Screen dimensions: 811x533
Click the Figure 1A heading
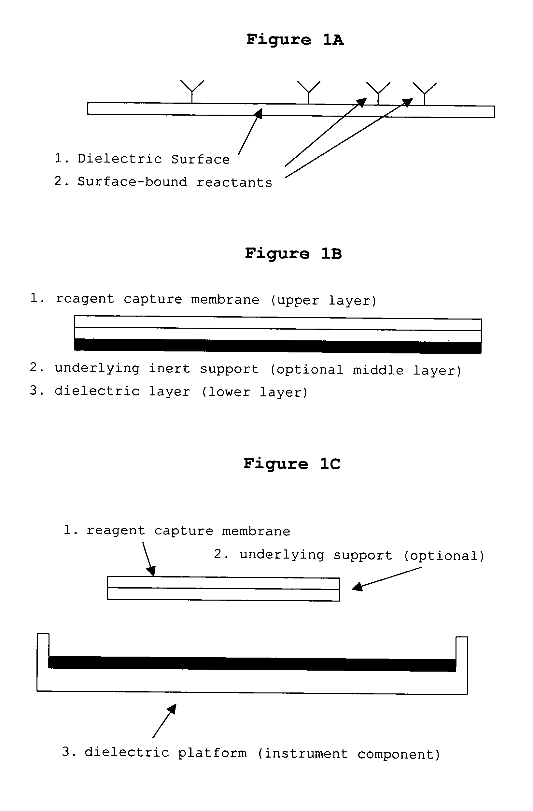click(x=295, y=39)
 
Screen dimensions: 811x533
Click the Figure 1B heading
click(x=293, y=253)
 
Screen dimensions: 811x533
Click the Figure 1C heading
click(x=291, y=464)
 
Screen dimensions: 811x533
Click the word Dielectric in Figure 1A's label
click(x=119, y=159)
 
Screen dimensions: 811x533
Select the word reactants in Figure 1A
click(x=234, y=183)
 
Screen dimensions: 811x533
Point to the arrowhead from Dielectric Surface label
click(x=259, y=113)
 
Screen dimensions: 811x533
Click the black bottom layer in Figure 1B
click(x=277, y=346)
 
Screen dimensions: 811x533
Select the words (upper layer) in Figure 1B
click(x=324, y=300)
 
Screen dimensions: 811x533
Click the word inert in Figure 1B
click(x=169, y=369)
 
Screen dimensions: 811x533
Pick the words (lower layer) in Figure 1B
click(x=255, y=392)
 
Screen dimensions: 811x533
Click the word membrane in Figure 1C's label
click(x=256, y=531)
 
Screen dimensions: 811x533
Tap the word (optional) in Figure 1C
click(x=444, y=556)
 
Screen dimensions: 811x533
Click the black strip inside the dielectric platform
click(x=252, y=663)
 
